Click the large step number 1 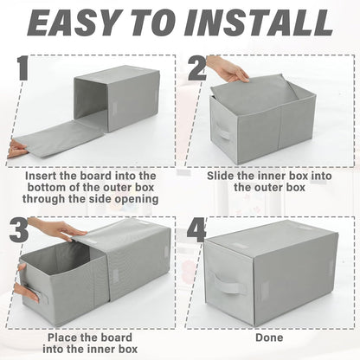[x=22, y=68]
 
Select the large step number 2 [x=196, y=68]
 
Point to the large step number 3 [x=19, y=229]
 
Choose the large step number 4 [x=196, y=230]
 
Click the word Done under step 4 [x=269, y=337]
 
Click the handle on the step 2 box [x=223, y=132]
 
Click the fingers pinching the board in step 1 [x=16, y=149]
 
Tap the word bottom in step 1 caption [x=45, y=187]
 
